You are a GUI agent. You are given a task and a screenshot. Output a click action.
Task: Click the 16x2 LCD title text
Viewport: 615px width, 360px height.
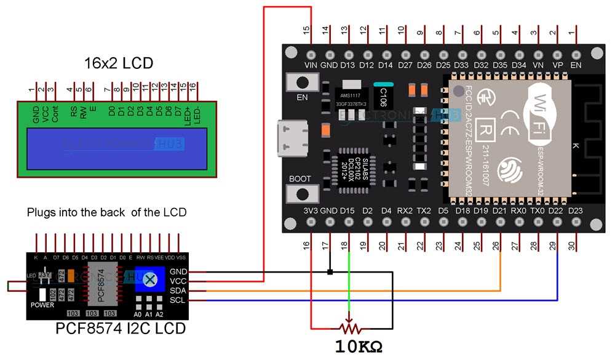(x=118, y=63)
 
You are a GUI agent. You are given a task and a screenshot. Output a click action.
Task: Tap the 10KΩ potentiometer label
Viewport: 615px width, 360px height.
(x=359, y=346)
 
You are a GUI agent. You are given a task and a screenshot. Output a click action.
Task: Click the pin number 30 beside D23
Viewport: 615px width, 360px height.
(x=575, y=246)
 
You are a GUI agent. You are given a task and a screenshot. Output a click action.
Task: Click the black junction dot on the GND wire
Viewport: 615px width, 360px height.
(x=330, y=271)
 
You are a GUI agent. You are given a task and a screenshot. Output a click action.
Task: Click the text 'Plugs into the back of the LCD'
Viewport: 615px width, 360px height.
(x=106, y=212)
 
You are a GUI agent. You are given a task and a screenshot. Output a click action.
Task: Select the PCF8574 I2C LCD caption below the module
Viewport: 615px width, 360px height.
(x=121, y=329)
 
